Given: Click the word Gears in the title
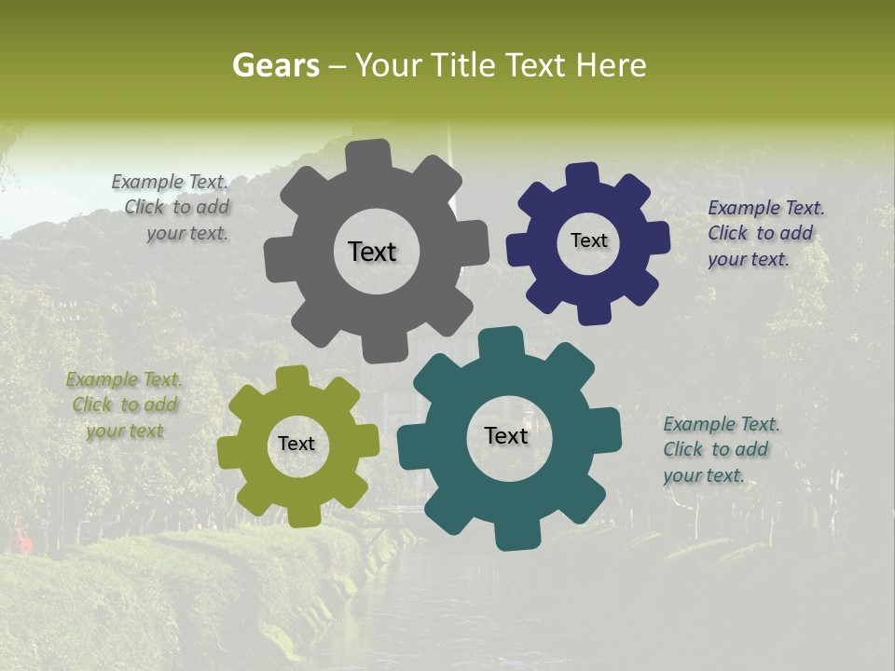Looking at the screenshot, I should (275, 65).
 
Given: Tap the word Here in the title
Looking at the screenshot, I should (611, 65).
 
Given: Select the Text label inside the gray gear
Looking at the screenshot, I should (372, 252).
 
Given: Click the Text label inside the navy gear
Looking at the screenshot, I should (588, 240).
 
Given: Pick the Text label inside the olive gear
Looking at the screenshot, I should (296, 444).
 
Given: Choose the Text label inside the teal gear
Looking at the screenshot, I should (506, 435).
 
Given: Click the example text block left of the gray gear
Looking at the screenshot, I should (172, 208).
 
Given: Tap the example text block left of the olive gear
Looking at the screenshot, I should (125, 405).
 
